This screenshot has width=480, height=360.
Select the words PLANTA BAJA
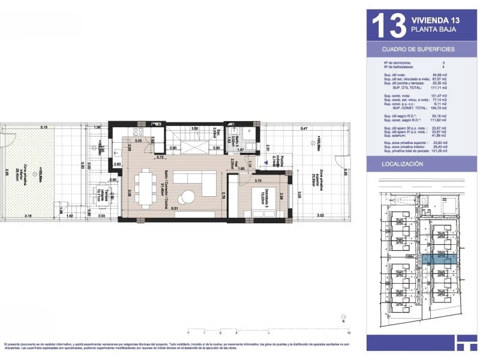point(430,29)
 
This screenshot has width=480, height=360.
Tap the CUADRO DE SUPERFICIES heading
point(418,49)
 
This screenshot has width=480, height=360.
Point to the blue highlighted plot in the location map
point(437,259)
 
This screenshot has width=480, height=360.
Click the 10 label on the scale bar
point(349,332)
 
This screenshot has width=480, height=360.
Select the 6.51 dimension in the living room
point(175,208)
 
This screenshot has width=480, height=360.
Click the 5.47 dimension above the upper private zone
point(304,129)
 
